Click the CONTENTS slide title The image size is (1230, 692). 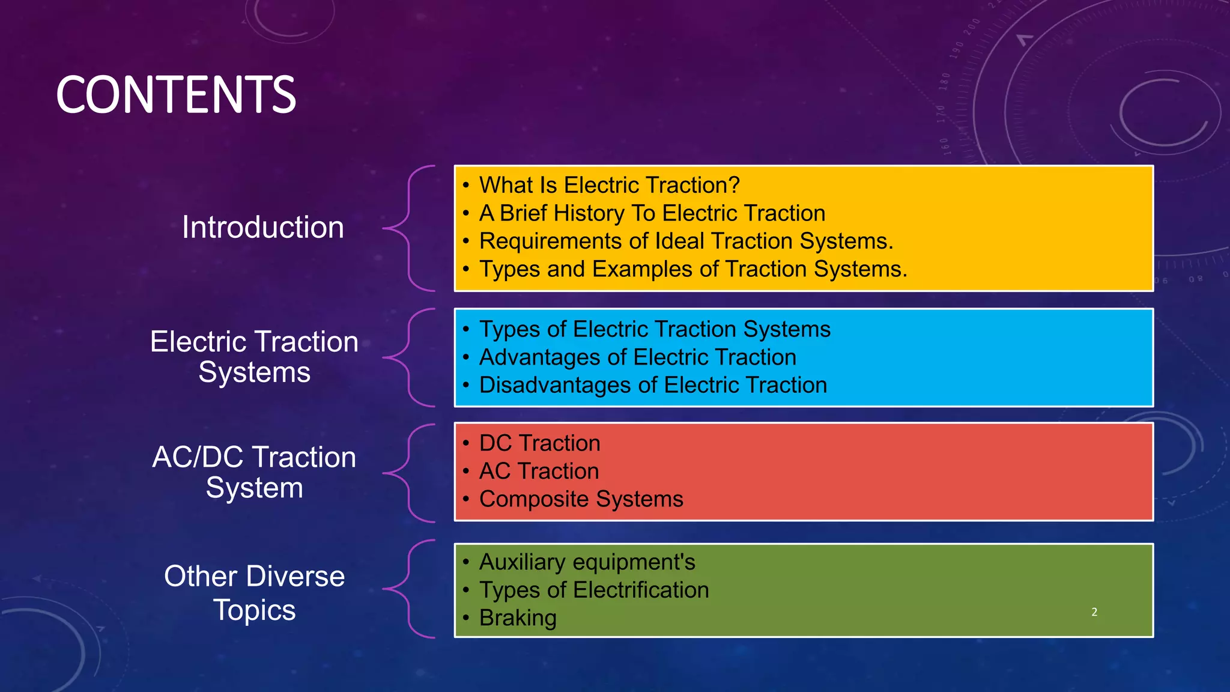[x=176, y=94]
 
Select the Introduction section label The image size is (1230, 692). [x=262, y=228]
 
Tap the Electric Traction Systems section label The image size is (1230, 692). [x=254, y=357]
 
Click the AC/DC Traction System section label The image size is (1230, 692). [x=254, y=472]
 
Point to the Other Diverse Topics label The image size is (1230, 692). [x=254, y=592]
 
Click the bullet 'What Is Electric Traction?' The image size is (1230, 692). [x=609, y=185]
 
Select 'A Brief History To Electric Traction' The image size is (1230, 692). [x=652, y=213]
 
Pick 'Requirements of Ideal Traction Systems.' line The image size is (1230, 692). [x=686, y=241]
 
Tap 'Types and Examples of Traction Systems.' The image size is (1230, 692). [x=692, y=269]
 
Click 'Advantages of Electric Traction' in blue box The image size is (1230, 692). [x=637, y=357]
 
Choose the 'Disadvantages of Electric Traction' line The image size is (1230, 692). [x=653, y=385]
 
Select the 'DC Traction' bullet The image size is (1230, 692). [x=539, y=443]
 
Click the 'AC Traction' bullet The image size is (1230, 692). [x=539, y=471]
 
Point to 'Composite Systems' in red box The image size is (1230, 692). [x=581, y=499]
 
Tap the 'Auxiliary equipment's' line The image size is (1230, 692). [x=587, y=562]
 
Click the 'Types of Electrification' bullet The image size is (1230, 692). [x=593, y=590]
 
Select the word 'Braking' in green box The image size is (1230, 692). [x=518, y=618]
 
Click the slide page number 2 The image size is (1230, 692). [x=1094, y=612]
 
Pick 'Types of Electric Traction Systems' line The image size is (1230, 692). [x=655, y=329]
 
